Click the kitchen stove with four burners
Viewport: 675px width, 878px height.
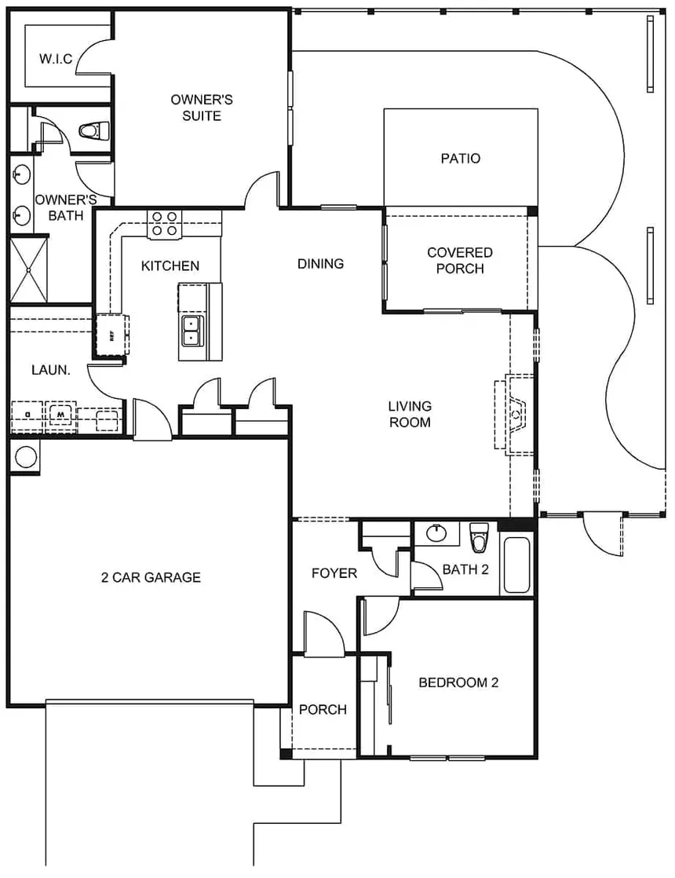[x=164, y=223]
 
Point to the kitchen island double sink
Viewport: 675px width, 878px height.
[x=191, y=331]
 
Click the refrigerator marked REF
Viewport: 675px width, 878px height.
[x=111, y=335]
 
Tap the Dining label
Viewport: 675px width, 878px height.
[x=320, y=264]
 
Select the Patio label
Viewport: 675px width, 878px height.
[x=460, y=159]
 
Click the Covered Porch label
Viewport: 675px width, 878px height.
[x=460, y=261]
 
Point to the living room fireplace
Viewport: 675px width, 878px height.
[x=515, y=414]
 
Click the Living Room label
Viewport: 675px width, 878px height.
[x=410, y=414]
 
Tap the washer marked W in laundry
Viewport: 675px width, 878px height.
[x=60, y=413]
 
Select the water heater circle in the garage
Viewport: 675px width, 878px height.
[x=26, y=456]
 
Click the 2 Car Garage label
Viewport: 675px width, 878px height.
[x=151, y=577]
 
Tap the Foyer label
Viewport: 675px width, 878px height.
[x=334, y=573]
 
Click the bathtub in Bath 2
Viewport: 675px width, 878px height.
[x=517, y=565]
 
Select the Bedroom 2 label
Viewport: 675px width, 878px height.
[x=458, y=682]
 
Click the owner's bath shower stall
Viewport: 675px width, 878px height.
[x=29, y=269]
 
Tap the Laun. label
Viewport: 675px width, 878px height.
[x=51, y=369]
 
